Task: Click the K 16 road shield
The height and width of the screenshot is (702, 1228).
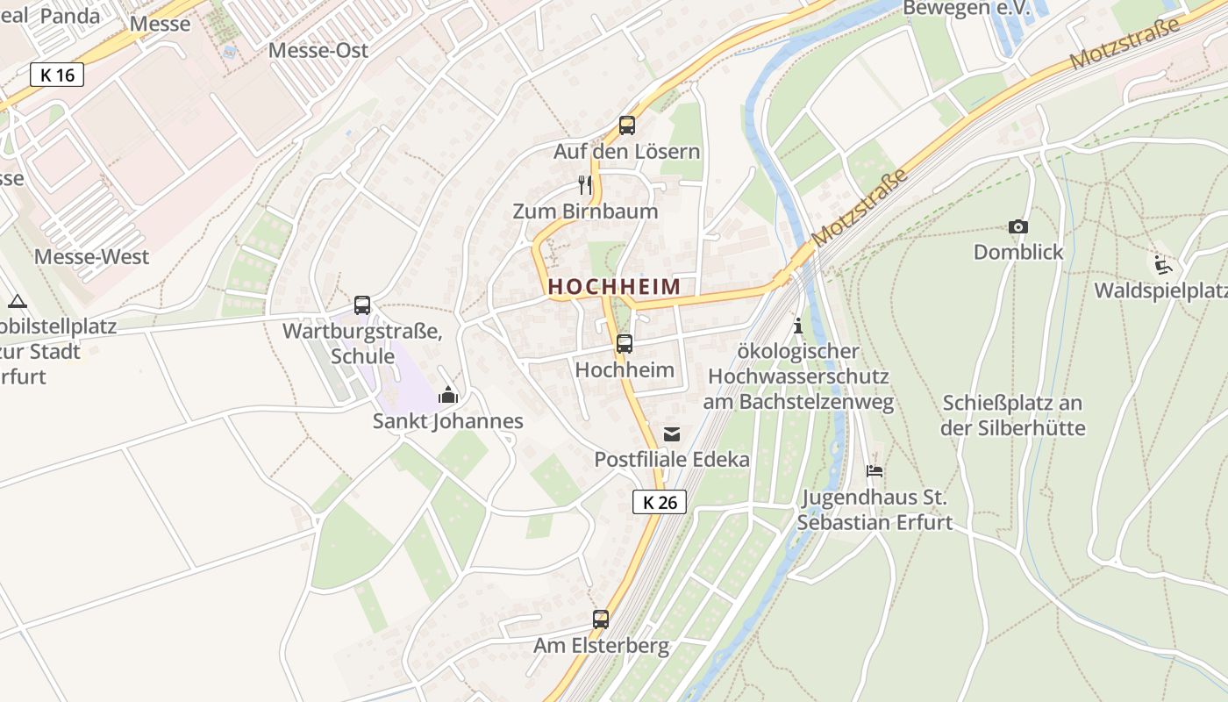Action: click(x=58, y=75)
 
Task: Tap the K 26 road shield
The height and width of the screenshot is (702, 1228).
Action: click(x=660, y=502)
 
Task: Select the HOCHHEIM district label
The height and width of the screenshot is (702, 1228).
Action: click(x=614, y=286)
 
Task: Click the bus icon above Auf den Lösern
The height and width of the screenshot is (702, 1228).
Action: click(x=626, y=125)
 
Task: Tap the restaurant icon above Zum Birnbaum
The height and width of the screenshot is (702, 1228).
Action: click(x=585, y=184)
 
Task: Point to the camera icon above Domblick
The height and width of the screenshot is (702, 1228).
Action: click(x=1017, y=226)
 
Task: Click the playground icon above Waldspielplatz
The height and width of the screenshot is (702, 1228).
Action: click(x=1162, y=264)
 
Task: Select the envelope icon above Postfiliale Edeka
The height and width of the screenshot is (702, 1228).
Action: click(x=672, y=433)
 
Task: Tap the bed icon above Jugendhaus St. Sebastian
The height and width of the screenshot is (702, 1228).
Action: click(x=875, y=471)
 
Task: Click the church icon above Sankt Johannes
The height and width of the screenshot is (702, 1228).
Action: click(x=448, y=395)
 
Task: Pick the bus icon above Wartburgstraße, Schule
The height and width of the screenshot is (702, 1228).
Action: click(x=362, y=305)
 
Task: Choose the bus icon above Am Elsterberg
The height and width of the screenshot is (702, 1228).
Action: click(x=601, y=620)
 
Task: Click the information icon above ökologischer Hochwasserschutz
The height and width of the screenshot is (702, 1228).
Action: click(x=797, y=326)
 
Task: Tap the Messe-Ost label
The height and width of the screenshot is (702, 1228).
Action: click(x=318, y=50)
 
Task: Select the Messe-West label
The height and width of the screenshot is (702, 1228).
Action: click(x=92, y=257)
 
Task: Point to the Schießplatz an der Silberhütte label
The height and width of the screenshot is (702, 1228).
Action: click(x=1012, y=416)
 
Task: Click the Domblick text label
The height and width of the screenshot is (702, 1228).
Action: click(x=1017, y=252)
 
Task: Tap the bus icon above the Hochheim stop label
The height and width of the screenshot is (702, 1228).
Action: click(x=624, y=344)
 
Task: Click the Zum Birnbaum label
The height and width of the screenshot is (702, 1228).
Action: click(x=585, y=211)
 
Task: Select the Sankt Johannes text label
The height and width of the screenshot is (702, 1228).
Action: click(x=448, y=421)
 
